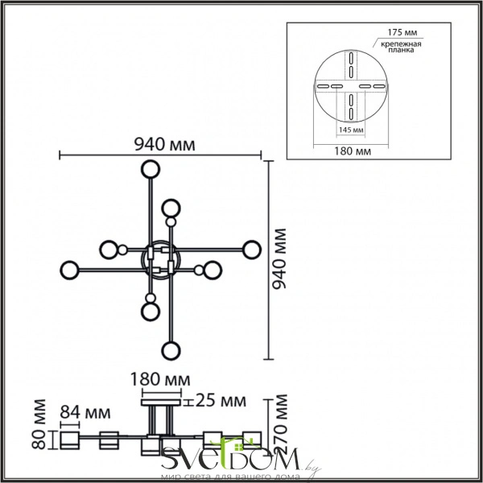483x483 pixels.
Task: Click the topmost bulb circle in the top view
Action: click(150, 170)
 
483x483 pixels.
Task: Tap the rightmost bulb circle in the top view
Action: click(253, 250)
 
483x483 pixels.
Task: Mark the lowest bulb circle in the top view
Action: click(170, 350)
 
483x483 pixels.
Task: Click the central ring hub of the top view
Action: click(159, 259)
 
